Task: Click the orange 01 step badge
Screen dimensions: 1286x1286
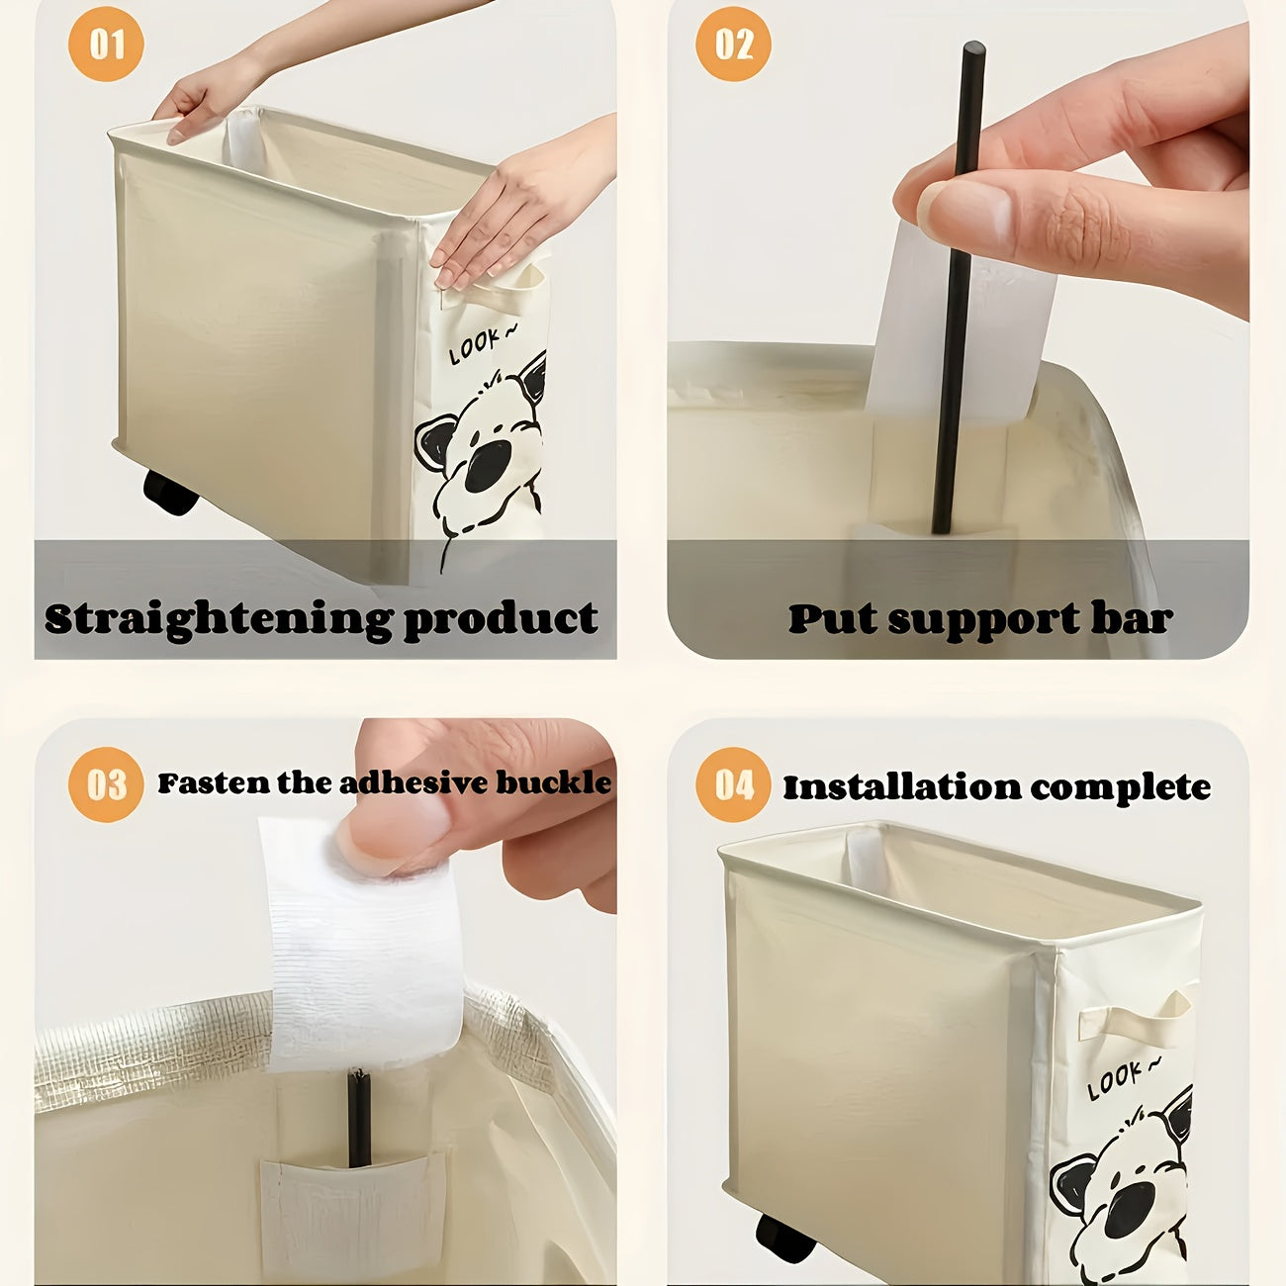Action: click(x=106, y=45)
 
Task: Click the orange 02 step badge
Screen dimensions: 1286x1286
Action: click(x=733, y=45)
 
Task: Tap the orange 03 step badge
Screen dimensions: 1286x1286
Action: click(x=106, y=785)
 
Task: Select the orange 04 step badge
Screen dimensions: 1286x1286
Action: click(x=733, y=785)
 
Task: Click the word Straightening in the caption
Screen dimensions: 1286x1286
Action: click(x=218, y=620)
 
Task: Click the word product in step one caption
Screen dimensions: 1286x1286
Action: click(x=501, y=618)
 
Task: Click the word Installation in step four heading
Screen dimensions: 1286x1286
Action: click(x=901, y=787)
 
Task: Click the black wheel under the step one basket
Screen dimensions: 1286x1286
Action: click(x=169, y=492)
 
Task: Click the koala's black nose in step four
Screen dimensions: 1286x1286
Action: click(x=1129, y=1209)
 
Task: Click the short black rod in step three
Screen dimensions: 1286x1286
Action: click(x=358, y=1118)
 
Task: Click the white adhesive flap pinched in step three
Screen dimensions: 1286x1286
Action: click(x=361, y=950)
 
